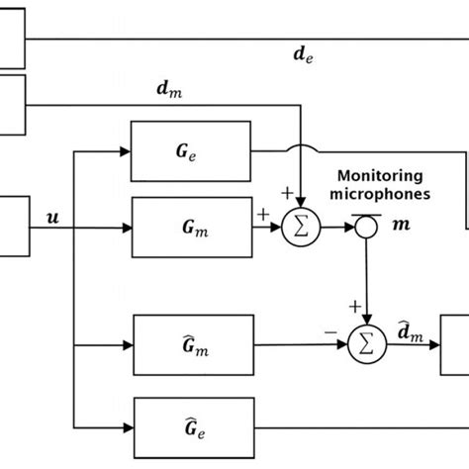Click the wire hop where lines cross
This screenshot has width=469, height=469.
pos(297,150)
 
